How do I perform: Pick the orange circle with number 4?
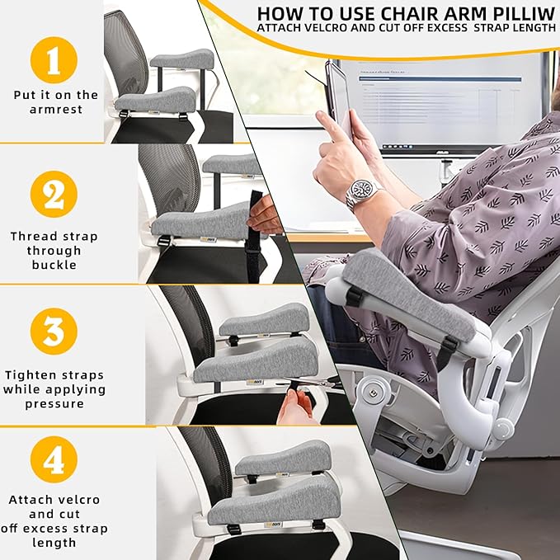pyautogui.click(x=54, y=459)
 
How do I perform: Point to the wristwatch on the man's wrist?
pyautogui.click(x=364, y=193)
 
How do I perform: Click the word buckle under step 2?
pyautogui.click(x=54, y=265)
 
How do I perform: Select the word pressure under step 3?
pyautogui.click(x=54, y=403)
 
